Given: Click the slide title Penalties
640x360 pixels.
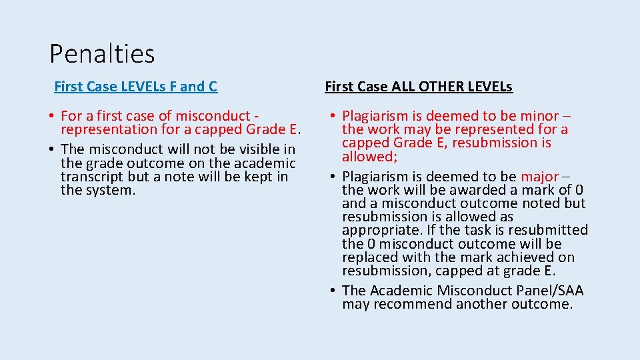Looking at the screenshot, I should pyautogui.click(x=102, y=53).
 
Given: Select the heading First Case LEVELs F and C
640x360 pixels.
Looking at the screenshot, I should pyautogui.click(x=135, y=86).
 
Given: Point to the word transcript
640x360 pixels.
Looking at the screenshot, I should pyautogui.click(x=90, y=177).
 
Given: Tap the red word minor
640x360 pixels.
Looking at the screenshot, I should pyautogui.click(x=539, y=116).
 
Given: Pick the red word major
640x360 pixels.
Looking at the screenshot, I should pyautogui.click(x=539, y=177).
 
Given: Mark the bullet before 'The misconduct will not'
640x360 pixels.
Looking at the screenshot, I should pyautogui.click(x=53, y=149).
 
